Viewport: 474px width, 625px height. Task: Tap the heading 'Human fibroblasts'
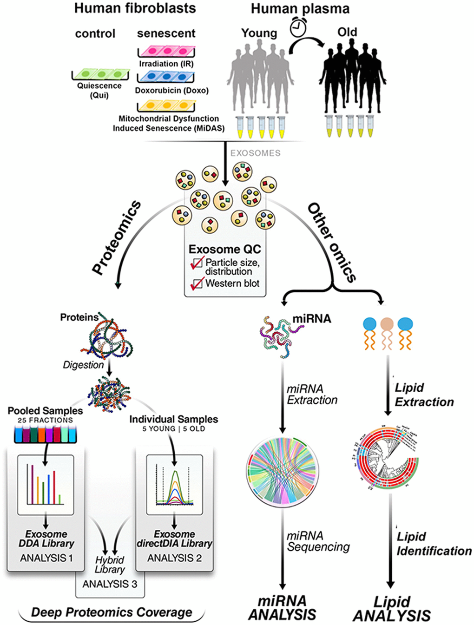click(x=135, y=8)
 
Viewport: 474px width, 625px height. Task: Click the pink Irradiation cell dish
click(x=166, y=51)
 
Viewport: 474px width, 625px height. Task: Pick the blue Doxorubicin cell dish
click(x=166, y=77)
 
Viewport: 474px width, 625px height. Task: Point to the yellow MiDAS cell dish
click(x=166, y=105)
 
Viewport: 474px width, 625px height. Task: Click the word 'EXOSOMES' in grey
click(x=255, y=153)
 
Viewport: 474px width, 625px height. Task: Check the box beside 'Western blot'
click(x=197, y=283)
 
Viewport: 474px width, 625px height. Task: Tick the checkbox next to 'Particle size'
click(x=197, y=263)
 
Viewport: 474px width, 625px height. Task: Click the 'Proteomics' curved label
click(x=116, y=237)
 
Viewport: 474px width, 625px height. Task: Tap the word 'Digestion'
click(x=83, y=365)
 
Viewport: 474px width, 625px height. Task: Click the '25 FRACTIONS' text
click(x=45, y=420)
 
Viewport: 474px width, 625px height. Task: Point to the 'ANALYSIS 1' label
click(x=46, y=558)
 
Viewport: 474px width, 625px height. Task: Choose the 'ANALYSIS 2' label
click(x=174, y=558)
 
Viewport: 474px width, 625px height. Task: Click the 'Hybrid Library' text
click(x=110, y=565)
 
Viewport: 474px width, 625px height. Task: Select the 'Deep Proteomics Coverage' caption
click(x=112, y=612)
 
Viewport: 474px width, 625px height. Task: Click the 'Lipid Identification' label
click(x=434, y=544)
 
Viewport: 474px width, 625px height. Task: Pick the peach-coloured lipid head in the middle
click(x=387, y=324)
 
